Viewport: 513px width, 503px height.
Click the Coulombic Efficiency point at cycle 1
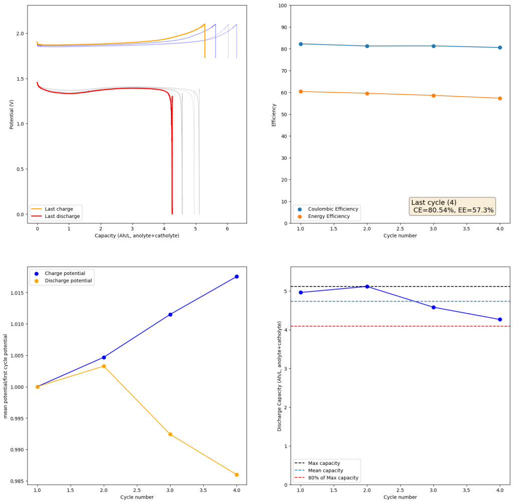pos(301,44)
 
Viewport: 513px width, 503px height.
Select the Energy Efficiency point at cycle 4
pos(499,98)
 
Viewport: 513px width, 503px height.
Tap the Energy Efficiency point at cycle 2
pos(367,93)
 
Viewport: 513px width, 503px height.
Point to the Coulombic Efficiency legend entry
pos(332,209)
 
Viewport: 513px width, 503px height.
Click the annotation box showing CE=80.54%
pos(452,206)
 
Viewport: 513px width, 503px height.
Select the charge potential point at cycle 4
pos(236,277)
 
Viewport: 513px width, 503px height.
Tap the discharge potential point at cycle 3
pos(170,434)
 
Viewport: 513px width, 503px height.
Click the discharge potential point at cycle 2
pos(104,366)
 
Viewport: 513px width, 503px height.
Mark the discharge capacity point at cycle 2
pos(367,287)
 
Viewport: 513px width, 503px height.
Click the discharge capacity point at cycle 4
pos(499,320)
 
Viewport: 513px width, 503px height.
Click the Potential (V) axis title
pos(12,115)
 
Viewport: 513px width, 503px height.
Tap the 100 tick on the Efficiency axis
pos(282,6)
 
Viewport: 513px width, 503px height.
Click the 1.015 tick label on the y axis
pos(18,293)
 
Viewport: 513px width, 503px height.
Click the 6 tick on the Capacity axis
pos(227,228)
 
